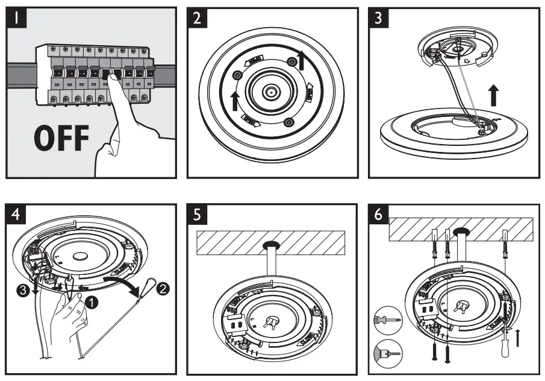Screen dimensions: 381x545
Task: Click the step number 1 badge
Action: tap(19, 18)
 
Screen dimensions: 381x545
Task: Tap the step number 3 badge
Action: tap(378, 18)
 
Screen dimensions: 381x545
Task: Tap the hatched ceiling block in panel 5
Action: tap(270, 244)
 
